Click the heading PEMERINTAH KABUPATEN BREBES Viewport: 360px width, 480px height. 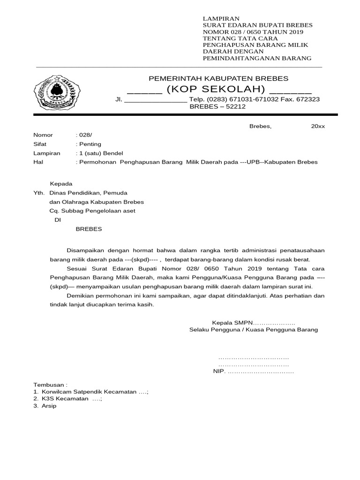(x=218, y=78)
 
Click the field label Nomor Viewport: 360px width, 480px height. (x=43, y=135)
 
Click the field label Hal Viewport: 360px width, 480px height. (x=38, y=162)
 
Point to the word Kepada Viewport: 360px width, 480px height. (x=61, y=184)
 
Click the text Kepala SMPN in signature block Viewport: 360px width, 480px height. (x=232, y=322)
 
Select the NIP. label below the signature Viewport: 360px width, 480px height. (x=219, y=372)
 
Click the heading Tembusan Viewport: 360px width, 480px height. (x=50, y=384)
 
